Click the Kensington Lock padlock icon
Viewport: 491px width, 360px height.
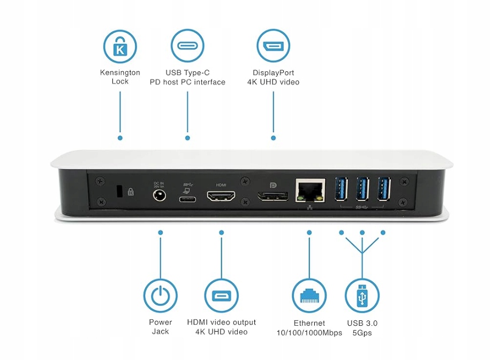coord(120,46)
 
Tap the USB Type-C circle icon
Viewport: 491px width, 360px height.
coord(188,46)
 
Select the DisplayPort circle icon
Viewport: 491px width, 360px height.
coord(273,46)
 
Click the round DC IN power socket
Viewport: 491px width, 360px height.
coord(159,197)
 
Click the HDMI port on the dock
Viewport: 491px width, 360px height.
coord(221,198)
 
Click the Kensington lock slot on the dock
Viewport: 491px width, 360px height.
coord(119,191)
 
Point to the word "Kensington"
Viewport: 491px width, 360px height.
coord(120,72)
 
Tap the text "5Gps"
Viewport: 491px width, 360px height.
coord(362,333)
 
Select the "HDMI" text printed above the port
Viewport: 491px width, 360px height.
coord(221,184)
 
